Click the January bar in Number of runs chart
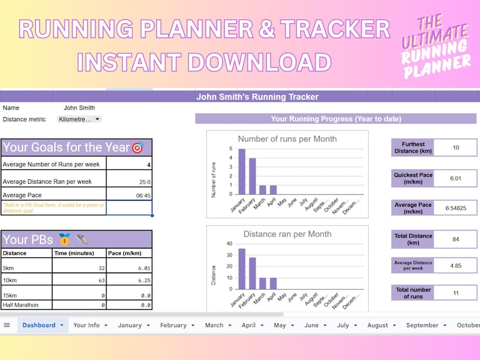(241, 172)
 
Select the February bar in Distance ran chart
(253, 273)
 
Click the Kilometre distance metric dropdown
(79, 120)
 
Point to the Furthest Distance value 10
(455, 147)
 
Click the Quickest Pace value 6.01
(455, 178)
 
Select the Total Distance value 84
(455, 239)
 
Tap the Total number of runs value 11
(455, 293)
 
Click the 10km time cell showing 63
(80, 280)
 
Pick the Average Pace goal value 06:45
(129, 195)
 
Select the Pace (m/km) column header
(129, 253)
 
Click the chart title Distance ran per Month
(287, 234)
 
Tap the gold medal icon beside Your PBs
(65, 239)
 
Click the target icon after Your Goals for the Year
(138, 147)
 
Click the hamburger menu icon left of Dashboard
(7, 325)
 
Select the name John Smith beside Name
(79, 108)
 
